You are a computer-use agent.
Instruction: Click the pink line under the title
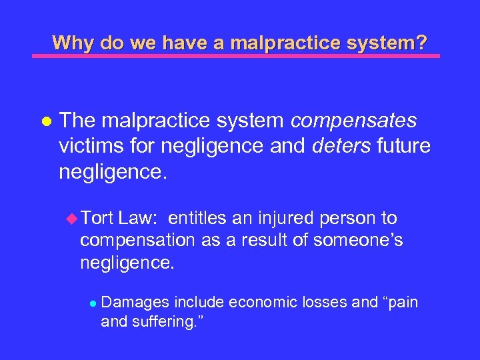[x=236, y=56]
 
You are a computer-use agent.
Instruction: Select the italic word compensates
[x=355, y=121]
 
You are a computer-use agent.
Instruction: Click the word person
[x=349, y=219]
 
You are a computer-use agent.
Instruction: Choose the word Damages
[x=135, y=303]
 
